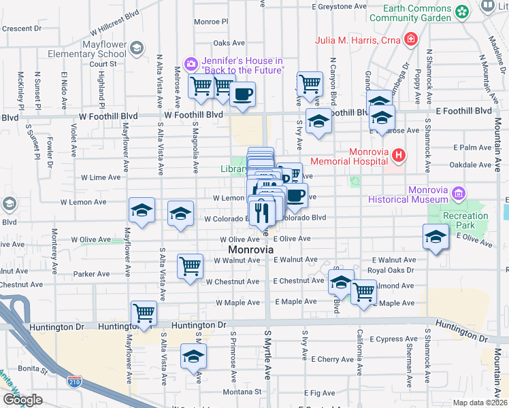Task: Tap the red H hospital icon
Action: pyautogui.click(x=400, y=157)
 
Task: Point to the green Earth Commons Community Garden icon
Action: pyautogui.click(x=463, y=12)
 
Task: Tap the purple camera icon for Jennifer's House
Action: pyautogui.click(x=191, y=63)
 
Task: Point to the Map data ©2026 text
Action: pyautogui.click(x=480, y=403)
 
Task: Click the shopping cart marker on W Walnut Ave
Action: pyautogui.click(x=191, y=266)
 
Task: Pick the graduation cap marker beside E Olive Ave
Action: pyautogui.click(x=435, y=237)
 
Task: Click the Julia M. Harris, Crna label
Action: pyautogui.click(x=357, y=39)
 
